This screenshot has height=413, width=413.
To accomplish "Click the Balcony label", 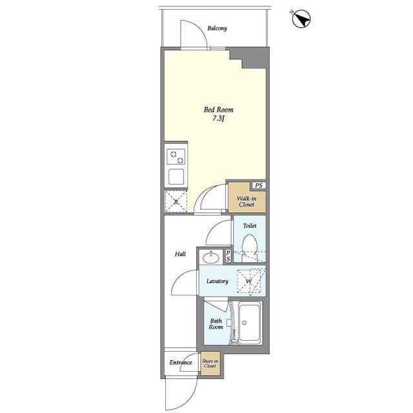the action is [x=217, y=28].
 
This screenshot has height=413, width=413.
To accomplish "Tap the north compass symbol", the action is [x=301, y=19].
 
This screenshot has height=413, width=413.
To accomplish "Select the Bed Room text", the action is [x=218, y=110].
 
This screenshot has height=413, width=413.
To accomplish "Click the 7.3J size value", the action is [x=218, y=119].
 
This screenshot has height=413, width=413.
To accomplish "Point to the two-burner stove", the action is [x=176, y=157].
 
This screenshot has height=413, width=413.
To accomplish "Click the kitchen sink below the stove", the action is [x=176, y=176].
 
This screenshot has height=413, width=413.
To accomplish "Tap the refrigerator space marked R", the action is [x=176, y=201].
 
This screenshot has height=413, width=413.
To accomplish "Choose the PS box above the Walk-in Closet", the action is [x=259, y=185].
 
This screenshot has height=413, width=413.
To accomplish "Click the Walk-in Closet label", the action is [x=247, y=201].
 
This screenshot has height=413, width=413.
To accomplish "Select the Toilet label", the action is [x=250, y=226].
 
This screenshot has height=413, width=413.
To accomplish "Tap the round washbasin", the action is [x=211, y=257].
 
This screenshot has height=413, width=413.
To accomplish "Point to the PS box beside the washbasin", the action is [x=228, y=256].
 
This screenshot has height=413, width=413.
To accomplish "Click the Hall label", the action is [x=180, y=254].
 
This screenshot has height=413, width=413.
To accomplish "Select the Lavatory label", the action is [x=217, y=281].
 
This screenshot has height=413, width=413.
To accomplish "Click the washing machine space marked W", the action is [x=249, y=281].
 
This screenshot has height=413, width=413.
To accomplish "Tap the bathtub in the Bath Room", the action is [x=250, y=323].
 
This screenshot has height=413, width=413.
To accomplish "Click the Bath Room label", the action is [x=216, y=324].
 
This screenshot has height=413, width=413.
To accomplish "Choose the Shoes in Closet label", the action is [x=210, y=363].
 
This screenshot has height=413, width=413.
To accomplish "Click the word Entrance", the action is [x=181, y=363].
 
